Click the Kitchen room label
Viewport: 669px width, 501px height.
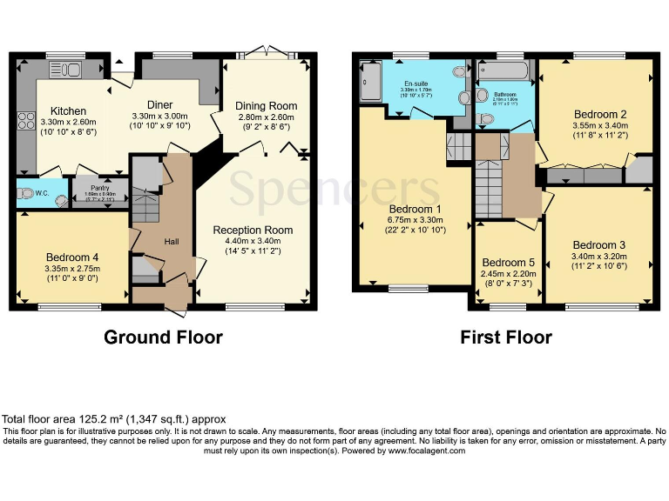point(67,110)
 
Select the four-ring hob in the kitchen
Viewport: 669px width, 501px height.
point(25,122)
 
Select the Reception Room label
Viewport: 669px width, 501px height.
point(253,230)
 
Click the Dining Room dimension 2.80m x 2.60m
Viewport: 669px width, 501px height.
point(266,118)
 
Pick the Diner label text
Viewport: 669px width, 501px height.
point(159,104)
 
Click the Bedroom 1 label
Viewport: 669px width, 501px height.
point(415,208)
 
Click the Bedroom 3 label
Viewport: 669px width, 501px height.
point(598,244)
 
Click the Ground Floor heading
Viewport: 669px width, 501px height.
point(163,337)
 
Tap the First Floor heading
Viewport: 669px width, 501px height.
point(505,337)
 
